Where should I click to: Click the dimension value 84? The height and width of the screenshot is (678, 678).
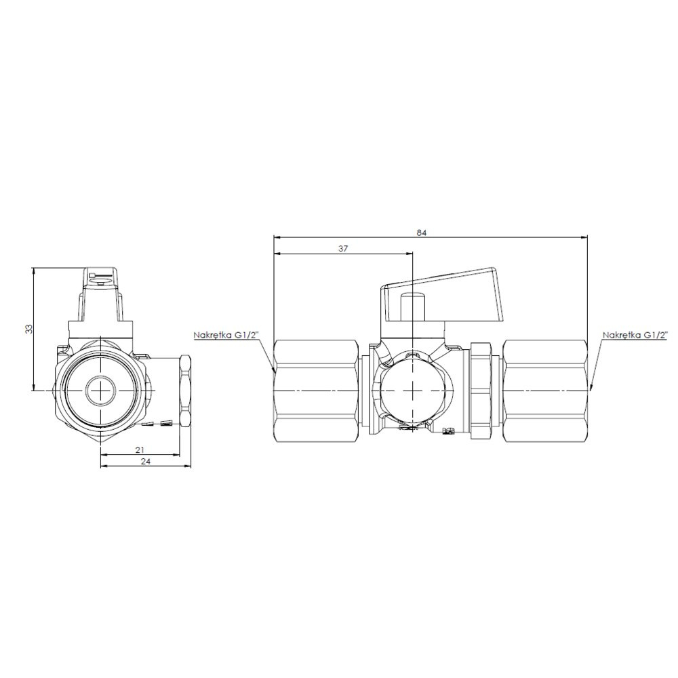(x=422, y=233)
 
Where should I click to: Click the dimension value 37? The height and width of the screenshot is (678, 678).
(x=343, y=249)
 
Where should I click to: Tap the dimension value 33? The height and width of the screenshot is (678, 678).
(x=29, y=329)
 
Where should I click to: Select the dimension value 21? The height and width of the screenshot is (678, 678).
(x=139, y=450)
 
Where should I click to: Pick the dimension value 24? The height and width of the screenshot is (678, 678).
(x=146, y=461)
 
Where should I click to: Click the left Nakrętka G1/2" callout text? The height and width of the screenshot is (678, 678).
(x=226, y=335)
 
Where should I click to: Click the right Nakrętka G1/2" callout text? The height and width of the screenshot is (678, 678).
(x=635, y=335)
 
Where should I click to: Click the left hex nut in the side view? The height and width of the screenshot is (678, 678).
(x=317, y=391)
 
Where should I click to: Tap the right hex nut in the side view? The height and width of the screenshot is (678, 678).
(x=545, y=391)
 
